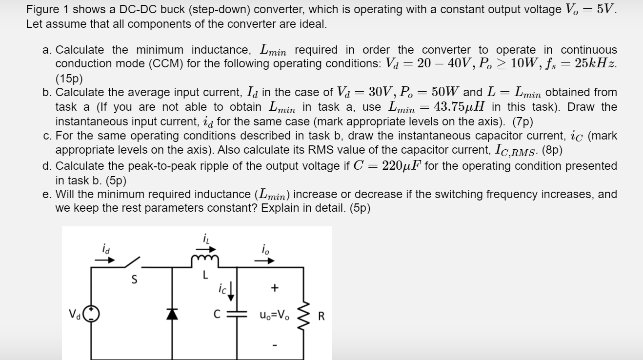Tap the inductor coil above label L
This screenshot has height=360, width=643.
(205, 262)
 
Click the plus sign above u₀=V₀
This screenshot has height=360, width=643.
(275, 288)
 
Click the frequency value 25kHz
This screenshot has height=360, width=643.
(596, 63)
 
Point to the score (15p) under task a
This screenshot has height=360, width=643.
(69, 78)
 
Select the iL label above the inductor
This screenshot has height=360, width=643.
(205, 239)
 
